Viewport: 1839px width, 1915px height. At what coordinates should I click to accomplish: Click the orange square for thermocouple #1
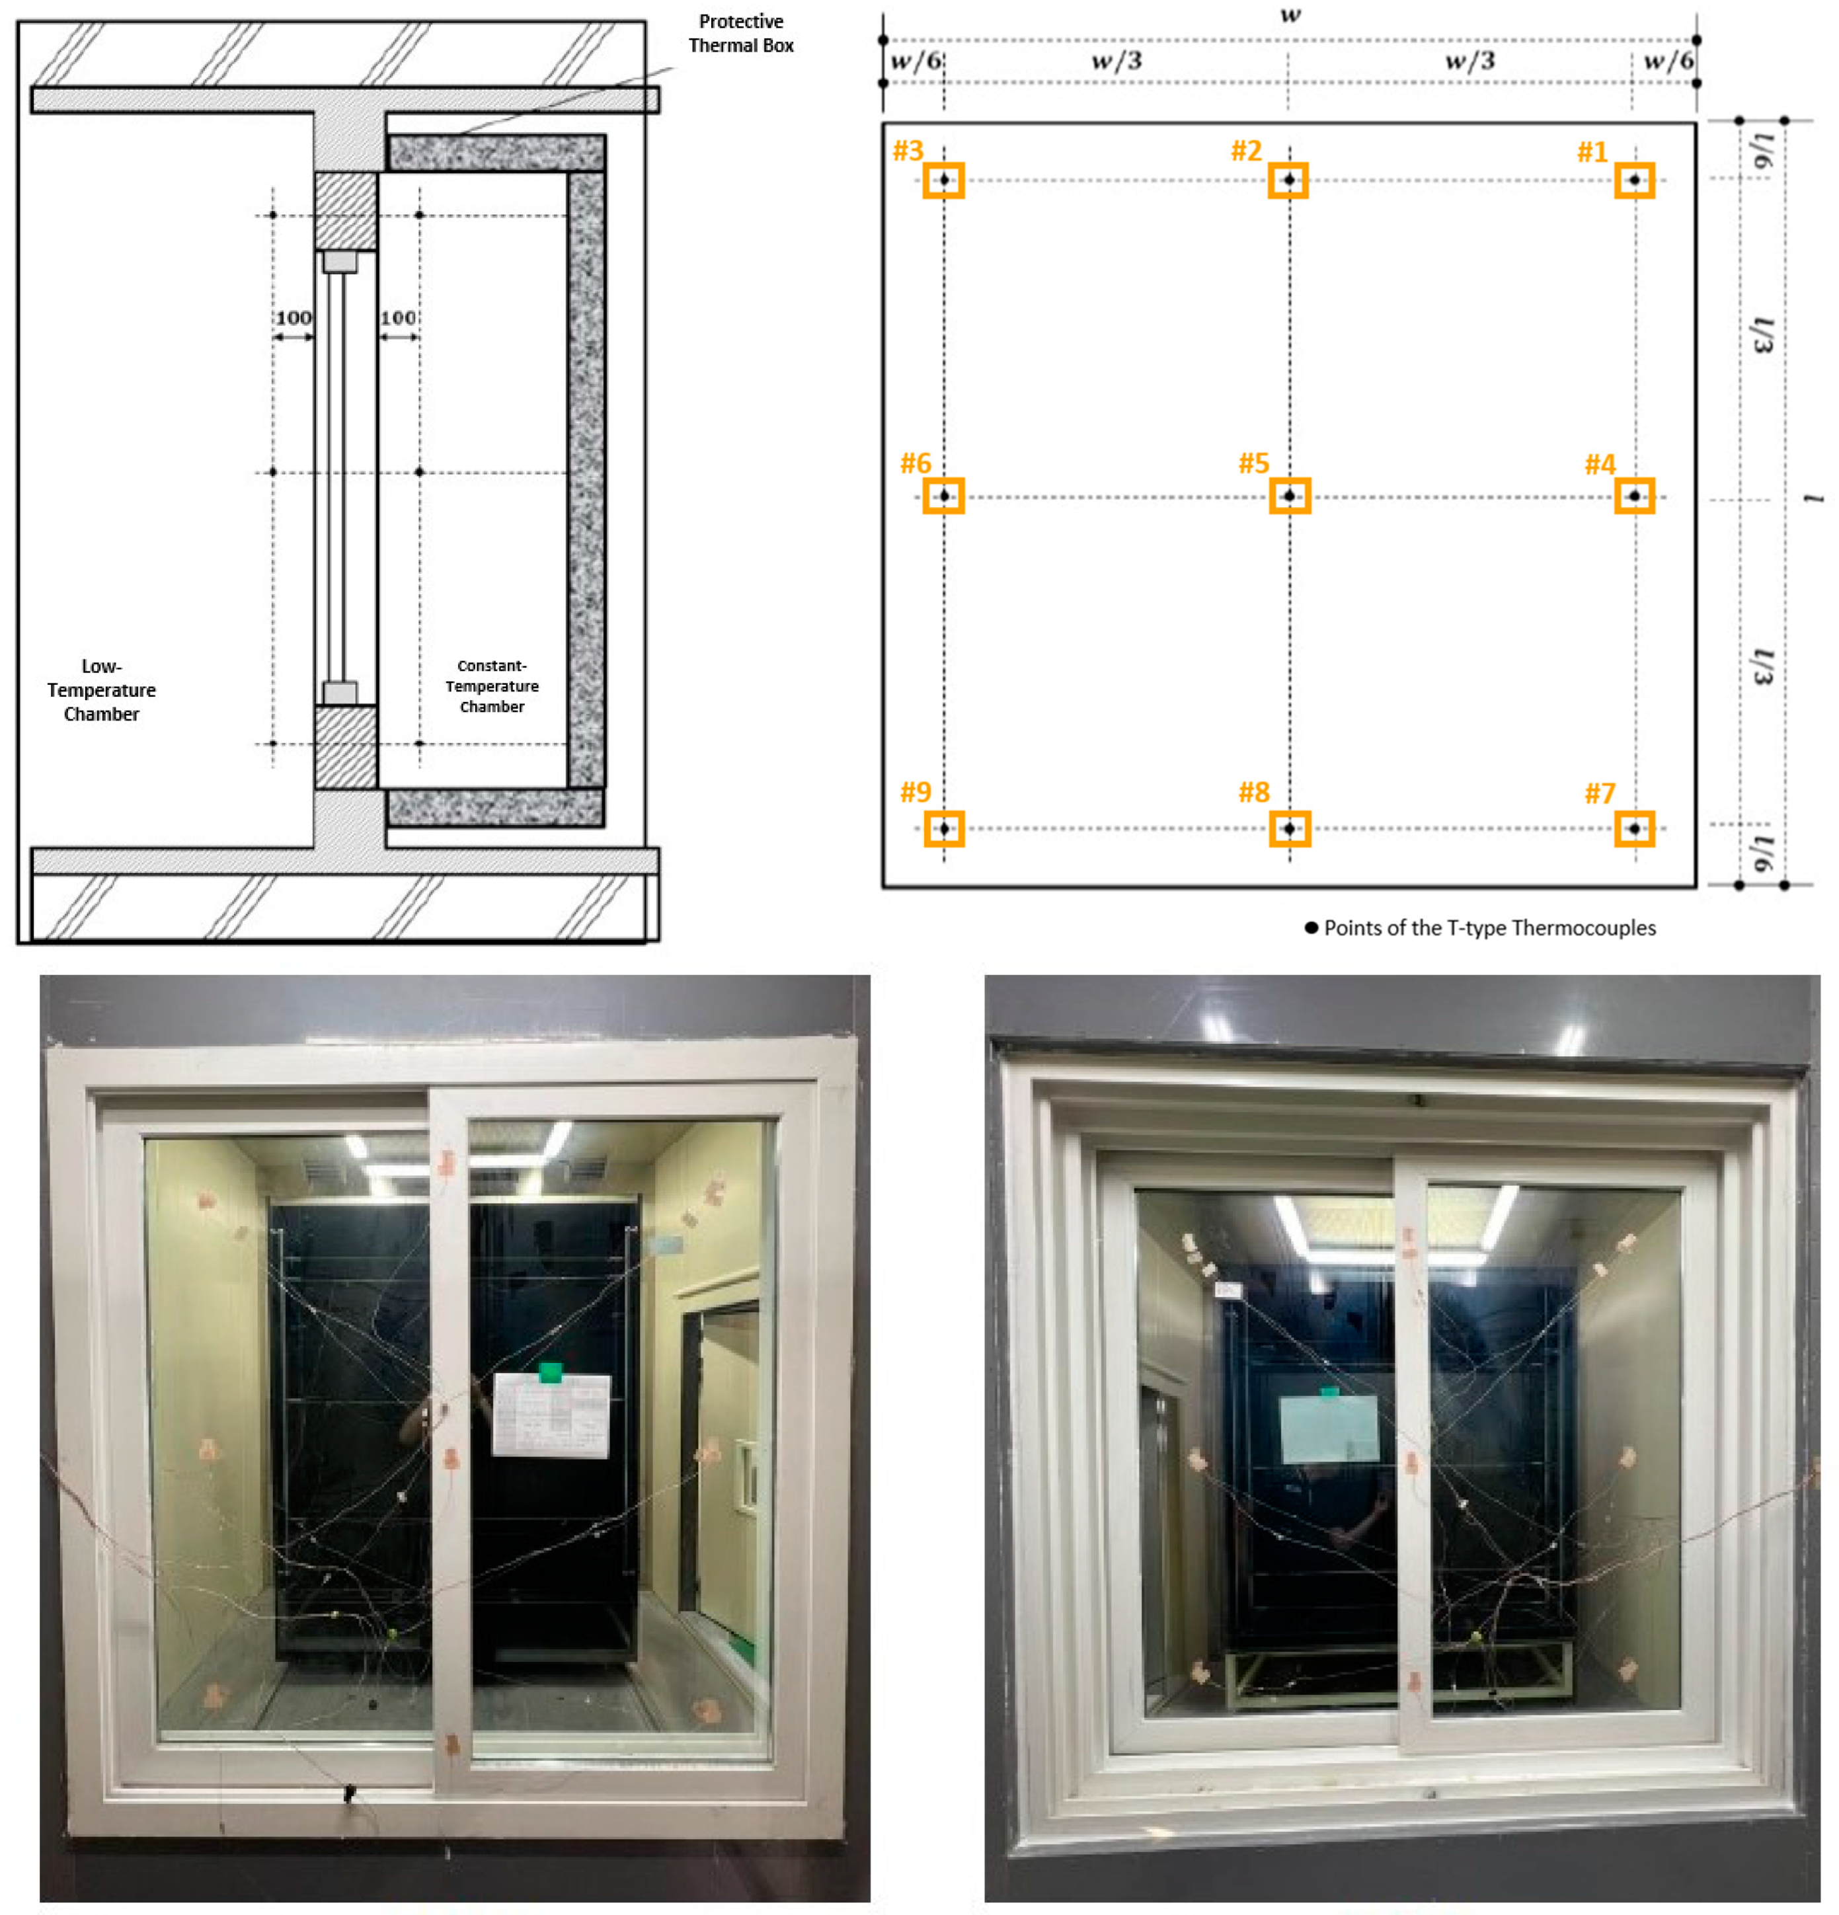pyautogui.click(x=1634, y=180)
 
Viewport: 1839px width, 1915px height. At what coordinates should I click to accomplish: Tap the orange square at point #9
pyautogui.click(x=944, y=828)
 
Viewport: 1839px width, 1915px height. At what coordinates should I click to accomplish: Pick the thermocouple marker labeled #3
pyautogui.click(x=944, y=180)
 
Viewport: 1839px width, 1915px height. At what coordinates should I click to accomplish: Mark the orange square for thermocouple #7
pyautogui.click(x=1634, y=828)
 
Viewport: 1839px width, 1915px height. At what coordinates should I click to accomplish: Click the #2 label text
pyautogui.click(x=1246, y=151)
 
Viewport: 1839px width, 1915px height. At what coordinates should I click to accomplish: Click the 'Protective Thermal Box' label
pyautogui.click(x=740, y=33)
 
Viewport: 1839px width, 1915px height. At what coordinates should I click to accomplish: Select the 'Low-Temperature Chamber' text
pyautogui.click(x=102, y=690)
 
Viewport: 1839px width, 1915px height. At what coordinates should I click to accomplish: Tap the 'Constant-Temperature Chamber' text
pyautogui.click(x=492, y=686)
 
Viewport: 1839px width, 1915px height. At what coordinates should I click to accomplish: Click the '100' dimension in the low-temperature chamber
pyautogui.click(x=293, y=317)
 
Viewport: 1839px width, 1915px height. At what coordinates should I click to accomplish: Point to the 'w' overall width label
pyautogui.click(x=1290, y=14)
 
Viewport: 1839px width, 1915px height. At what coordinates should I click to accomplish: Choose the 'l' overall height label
pyautogui.click(x=1814, y=499)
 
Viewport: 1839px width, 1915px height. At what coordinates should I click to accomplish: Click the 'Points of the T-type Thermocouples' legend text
pyautogui.click(x=1489, y=927)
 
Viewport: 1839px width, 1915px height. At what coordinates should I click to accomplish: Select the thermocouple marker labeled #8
pyautogui.click(x=1289, y=828)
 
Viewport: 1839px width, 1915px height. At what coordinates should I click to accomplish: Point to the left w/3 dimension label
pyautogui.click(x=1116, y=61)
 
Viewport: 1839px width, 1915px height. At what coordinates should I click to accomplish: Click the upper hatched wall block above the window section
pyautogui.click(x=346, y=211)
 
